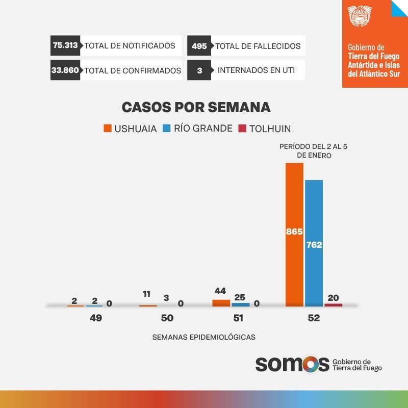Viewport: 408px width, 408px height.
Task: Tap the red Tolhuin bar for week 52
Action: (x=334, y=305)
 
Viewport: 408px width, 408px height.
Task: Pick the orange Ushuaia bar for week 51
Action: (x=221, y=303)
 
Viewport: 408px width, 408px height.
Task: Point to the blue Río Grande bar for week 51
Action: (x=241, y=304)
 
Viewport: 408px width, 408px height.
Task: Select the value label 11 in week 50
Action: (x=146, y=294)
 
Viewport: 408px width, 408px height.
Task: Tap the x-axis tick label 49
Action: (x=96, y=318)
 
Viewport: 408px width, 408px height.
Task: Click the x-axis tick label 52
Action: (x=314, y=318)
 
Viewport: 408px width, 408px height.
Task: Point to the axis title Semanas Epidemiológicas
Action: (x=203, y=337)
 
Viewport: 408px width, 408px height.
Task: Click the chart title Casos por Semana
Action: (x=196, y=108)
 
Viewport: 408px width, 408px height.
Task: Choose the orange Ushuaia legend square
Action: (x=107, y=129)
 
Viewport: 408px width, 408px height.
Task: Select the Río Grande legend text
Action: (x=203, y=129)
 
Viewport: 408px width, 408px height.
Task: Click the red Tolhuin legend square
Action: (x=242, y=129)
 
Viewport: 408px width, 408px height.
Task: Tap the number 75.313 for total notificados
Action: (x=65, y=45)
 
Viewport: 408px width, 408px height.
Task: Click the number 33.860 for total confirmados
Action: (x=65, y=70)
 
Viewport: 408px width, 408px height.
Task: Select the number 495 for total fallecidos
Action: (x=199, y=46)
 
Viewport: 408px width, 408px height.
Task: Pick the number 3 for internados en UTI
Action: (x=199, y=71)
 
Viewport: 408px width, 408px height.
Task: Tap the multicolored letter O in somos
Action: (x=315, y=364)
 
